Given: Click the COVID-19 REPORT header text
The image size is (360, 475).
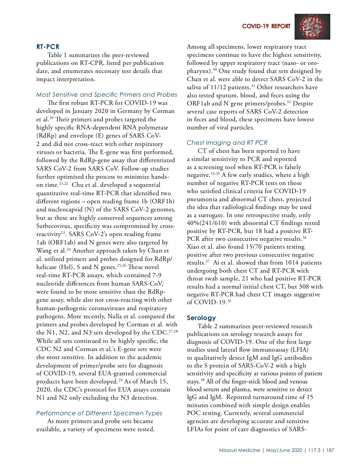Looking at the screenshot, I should click(266, 26).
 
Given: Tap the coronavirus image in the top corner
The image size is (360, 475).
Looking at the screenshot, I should click(312, 27).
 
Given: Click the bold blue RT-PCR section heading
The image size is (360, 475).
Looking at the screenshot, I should click(48, 47).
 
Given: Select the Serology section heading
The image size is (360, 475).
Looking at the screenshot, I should click(201, 318).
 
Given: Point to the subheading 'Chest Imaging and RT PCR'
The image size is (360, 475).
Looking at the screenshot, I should click(227, 143).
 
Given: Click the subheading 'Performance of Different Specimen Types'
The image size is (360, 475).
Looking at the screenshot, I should click(99, 413).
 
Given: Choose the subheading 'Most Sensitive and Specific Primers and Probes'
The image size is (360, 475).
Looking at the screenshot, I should click(106, 95).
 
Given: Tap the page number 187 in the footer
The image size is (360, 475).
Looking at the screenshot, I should click(330, 450).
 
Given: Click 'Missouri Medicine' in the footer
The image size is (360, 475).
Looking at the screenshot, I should click(239, 450).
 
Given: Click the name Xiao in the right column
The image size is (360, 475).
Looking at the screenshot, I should click(193, 247).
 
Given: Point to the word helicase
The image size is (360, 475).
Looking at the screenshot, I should click(46, 267).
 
